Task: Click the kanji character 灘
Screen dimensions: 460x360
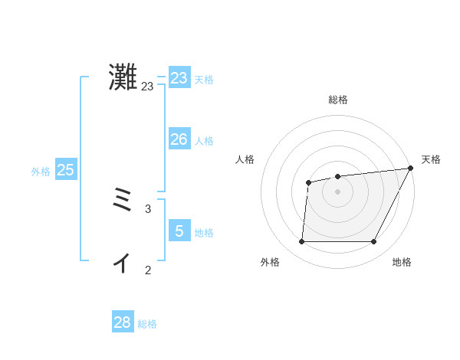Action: (123, 77)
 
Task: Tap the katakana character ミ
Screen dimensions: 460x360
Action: (123, 202)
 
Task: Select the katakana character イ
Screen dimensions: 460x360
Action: (122, 263)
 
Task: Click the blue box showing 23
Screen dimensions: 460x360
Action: (179, 78)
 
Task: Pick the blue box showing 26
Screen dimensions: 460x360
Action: (179, 139)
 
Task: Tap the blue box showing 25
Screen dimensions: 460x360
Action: (66, 170)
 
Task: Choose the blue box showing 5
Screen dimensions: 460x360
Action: (179, 231)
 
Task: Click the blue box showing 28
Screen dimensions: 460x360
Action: (123, 322)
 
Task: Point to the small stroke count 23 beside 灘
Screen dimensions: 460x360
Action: (147, 87)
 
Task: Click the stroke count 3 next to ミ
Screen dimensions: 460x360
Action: (148, 208)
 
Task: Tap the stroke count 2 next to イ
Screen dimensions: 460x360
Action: (148, 270)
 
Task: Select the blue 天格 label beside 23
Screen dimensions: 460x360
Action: (204, 80)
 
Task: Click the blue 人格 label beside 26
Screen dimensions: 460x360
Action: (204, 141)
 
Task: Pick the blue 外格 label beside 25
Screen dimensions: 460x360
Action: (41, 172)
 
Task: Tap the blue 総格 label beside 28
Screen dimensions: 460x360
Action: (147, 324)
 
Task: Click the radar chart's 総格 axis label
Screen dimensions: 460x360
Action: (337, 100)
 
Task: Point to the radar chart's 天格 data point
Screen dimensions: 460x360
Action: (410, 168)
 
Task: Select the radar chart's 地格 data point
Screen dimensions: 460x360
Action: (373, 242)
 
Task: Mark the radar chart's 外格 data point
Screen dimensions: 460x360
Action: (301, 242)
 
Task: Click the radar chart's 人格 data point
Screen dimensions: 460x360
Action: (308, 182)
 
